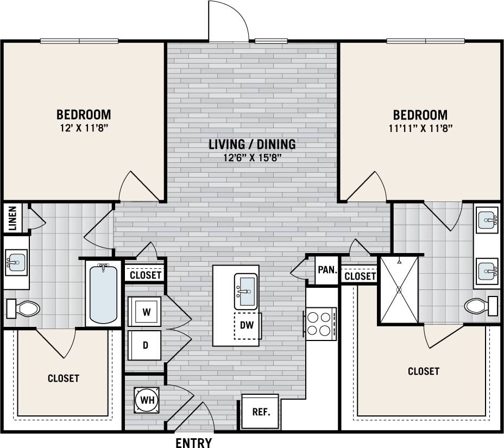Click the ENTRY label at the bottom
pyautogui.click(x=193, y=443)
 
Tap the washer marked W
pyautogui.click(x=146, y=312)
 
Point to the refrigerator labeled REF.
pyautogui.click(x=260, y=412)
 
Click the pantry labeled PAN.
pyautogui.click(x=327, y=269)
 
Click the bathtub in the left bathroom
pyautogui.click(x=103, y=293)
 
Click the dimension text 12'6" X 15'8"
pyautogui.click(x=252, y=159)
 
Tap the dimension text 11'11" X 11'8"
pyautogui.click(x=420, y=129)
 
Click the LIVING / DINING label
pyautogui.click(x=252, y=144)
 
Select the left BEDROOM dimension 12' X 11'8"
pyautogui.click(x=84, y=129)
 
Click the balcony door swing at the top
pyautogui.click(x=228, y=22)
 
